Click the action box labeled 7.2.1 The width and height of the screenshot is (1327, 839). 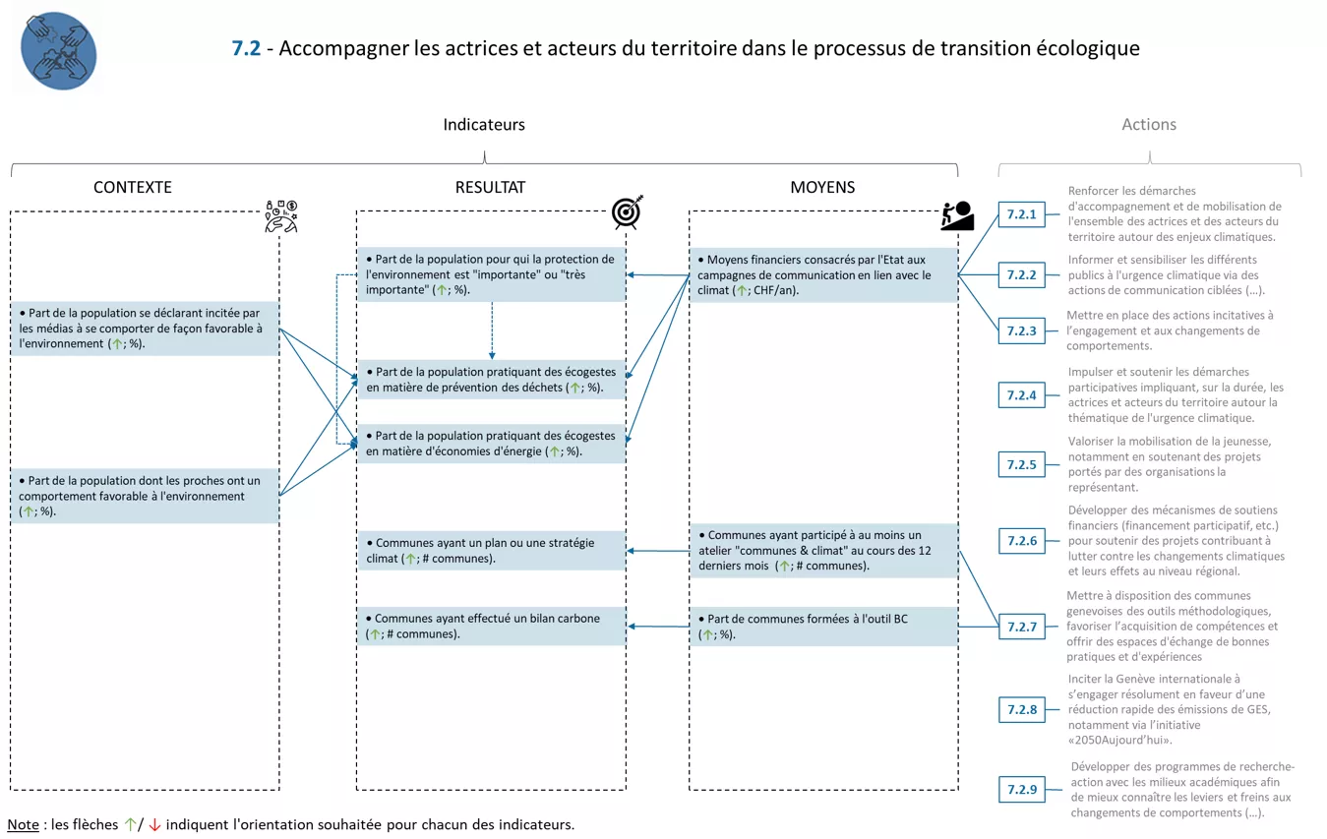(1021, 214)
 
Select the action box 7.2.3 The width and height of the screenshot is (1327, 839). (1021, 331)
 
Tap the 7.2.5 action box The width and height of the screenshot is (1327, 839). (1021, 464)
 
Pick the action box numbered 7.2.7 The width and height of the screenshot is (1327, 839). (1021, 627)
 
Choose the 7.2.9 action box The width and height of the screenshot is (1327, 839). (1021, 789)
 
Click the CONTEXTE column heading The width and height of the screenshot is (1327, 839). (133, 187)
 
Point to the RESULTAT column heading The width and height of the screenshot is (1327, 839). (490, 187)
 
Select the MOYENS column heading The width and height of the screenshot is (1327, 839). (822, 187)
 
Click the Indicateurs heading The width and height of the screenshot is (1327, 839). (484, 125)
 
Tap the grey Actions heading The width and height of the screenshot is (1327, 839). (1149, 125)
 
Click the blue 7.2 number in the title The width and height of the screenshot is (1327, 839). (246, 48)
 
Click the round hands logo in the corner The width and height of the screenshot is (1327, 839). (59, 51)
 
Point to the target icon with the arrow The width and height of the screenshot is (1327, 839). (627, 211)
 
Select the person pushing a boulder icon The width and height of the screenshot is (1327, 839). (956, 215)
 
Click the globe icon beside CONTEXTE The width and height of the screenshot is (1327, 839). (281, 216)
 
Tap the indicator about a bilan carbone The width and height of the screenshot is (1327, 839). (490, 627)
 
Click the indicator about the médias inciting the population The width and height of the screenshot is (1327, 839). (146, 329)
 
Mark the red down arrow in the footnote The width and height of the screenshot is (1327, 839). (154, 824)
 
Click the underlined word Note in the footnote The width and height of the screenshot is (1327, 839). (24, 824)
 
